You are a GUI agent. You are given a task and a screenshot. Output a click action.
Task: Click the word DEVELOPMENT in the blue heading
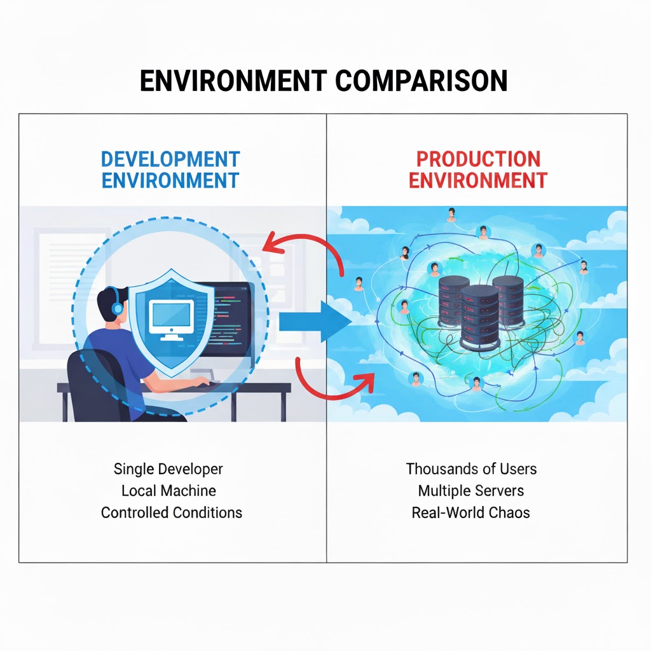pos(170,159)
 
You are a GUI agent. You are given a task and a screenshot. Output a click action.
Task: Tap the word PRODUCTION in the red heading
pos(478,159)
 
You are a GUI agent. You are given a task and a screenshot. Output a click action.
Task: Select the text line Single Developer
pos(168,469)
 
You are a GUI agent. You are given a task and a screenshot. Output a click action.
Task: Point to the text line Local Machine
pos(168,491)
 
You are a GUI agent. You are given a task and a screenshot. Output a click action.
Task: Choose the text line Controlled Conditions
pos(172,512)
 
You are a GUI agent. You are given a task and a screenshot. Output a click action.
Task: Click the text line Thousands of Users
pos(471,469)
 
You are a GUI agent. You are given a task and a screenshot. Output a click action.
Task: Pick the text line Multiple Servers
pos(471,491)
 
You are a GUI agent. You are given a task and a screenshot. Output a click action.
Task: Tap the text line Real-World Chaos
pos(471,512)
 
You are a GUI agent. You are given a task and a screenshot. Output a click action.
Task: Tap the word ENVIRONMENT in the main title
pos(233,82)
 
